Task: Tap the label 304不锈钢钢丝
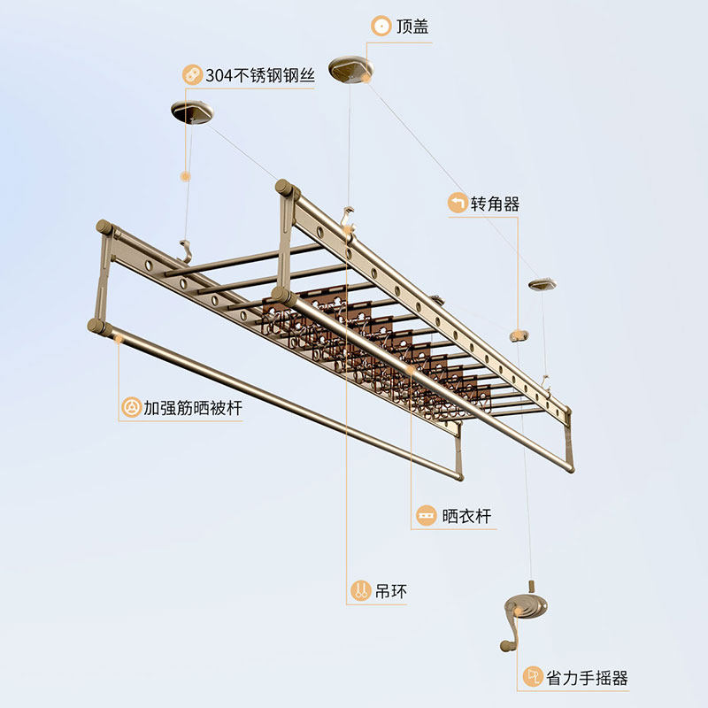tap(259, 74)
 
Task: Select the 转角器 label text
tap(495, 204)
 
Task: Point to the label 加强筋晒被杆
tap(193, 408)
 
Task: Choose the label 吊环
tap(391, 591)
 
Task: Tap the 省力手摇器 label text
tap(587, 678)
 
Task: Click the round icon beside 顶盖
tap(381, 27)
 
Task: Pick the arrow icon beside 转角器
tap(458, 204)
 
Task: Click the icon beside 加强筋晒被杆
tap(131, 408)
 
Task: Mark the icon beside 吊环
tap(360, 591)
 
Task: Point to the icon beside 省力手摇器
tap(533, 678)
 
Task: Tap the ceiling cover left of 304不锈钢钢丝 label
tap(192, 112)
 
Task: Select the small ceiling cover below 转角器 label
tap(542, 285)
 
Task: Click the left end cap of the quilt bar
tap(96, 327)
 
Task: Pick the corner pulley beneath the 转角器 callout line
tap(518, 335)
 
